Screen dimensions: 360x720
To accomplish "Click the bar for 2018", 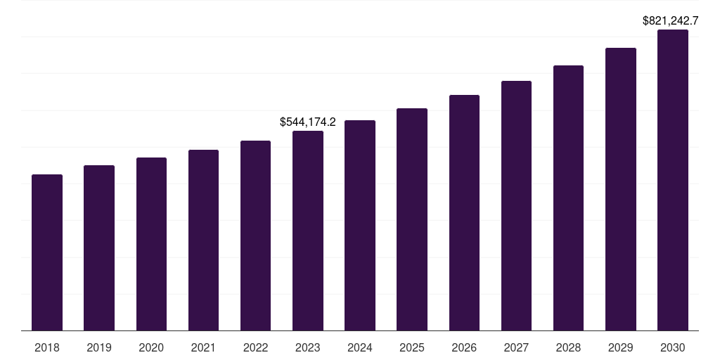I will [47, 252].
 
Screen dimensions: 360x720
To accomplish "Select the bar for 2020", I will [151, 244].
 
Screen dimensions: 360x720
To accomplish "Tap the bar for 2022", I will [255, 236].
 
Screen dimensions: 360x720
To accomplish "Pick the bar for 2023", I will [308, 231].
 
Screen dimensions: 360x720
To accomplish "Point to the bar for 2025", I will [412, 219].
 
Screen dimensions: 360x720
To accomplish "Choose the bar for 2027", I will [516, 205].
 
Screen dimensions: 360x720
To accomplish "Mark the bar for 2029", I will [620, 189].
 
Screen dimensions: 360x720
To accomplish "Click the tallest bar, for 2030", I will [673, 180].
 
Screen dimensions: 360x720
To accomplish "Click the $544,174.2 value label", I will [308, 122].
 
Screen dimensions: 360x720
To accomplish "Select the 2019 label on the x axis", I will [99, 347].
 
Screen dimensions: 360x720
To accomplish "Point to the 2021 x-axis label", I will [203, 347].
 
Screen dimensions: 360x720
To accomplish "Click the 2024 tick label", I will [360, 347].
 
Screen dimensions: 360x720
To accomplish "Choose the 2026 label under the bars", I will [464, 347].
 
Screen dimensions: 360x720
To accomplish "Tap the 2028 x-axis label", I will [568, 347].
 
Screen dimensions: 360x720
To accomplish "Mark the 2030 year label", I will [673, 347].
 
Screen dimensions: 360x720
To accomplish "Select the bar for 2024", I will [360, 225].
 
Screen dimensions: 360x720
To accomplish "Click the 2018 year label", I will [47, 347].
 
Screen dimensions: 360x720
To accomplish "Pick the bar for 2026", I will [464, 212].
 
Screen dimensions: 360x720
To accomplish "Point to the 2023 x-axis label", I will [308, 347].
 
